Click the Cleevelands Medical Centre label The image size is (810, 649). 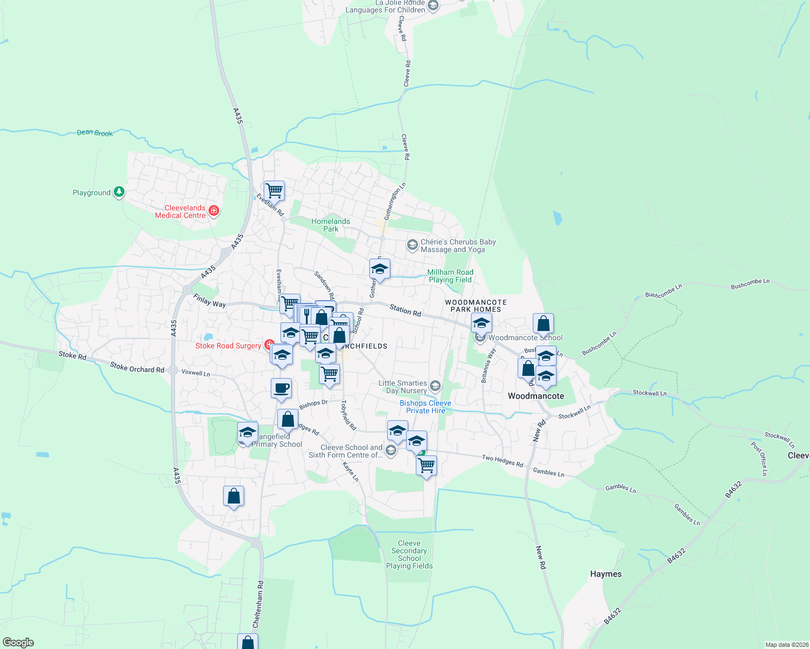tap(180, 211)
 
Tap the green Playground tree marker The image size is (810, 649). tap(119, 192)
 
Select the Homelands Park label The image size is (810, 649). tap(330, 225)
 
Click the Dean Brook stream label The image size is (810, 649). tap(95, 133)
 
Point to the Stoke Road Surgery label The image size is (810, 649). tap(228, 346)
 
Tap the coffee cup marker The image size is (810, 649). tap(281, 388)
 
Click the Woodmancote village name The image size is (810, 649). tap(535, 396)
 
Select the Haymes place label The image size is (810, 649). tap(605, 574)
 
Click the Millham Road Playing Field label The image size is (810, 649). tap(450, 276)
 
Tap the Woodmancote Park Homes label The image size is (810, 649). tap(476, 306)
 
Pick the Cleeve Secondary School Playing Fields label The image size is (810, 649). tap(409, 554)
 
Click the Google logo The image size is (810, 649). tap(18, 643)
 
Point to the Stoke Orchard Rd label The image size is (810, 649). tap(136, 368)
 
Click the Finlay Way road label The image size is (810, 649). tap(209, 301)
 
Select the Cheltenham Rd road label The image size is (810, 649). tap(259, 604)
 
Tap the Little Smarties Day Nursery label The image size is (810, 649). tap(403, 387)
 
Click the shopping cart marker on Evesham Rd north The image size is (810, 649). tap(275, 190)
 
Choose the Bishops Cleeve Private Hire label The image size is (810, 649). tap(426, 407)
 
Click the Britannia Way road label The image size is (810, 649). tap(488, 366)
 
